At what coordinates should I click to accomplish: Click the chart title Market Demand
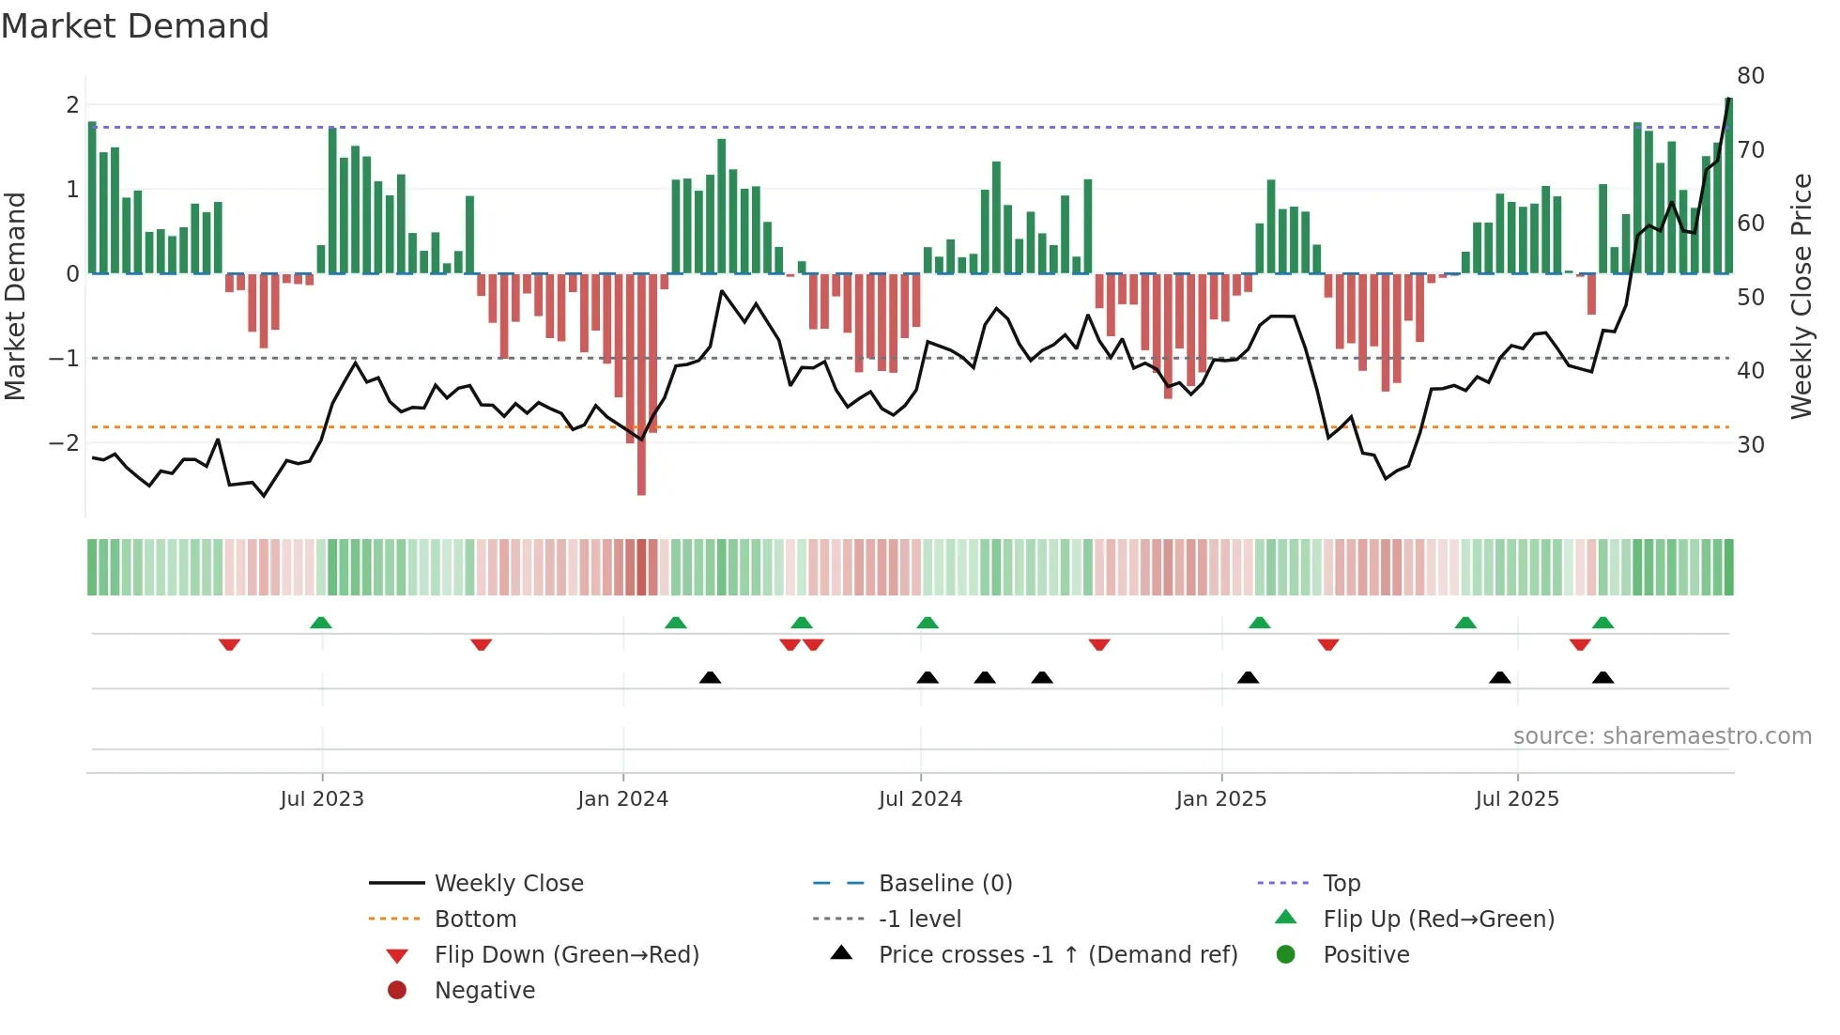point(135,25)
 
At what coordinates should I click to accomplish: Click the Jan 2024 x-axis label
point(622,799)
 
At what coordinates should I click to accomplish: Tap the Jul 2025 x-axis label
point(1516,799)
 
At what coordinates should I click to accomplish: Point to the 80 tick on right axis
point(1750,76)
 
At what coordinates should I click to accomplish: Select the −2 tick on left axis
point(65,442)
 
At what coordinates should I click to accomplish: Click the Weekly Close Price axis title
point(1801,296)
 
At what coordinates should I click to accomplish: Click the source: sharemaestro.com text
point(1662,736)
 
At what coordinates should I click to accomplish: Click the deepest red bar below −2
point(641,470)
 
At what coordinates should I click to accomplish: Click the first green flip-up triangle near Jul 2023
point(321,623)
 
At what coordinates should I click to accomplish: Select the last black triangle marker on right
point(1602,677)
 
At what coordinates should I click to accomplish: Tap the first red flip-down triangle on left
point(229,644)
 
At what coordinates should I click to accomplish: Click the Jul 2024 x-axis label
point(920,799)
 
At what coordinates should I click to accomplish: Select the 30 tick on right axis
point(1750,445)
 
